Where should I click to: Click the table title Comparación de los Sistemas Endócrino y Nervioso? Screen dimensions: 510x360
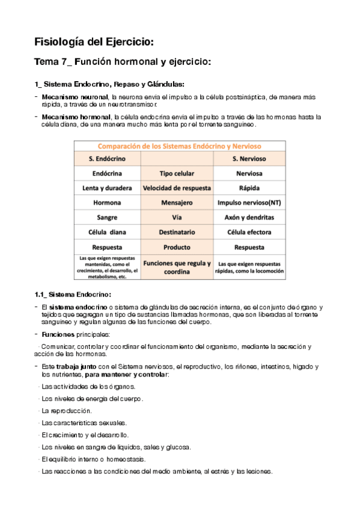pyautogui.click(x=180, y=146)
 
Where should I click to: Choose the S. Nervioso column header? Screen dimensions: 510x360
pyautogui.click(x=249, y=159)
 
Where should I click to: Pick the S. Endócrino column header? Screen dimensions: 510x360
pyautogui.click(x=107, y=159)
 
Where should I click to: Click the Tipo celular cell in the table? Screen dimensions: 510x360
pyautogui.click(x=177, y=173)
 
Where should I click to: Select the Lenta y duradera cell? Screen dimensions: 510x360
pyautogui.click(x=107, y=188)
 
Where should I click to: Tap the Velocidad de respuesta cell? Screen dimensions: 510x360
pyautogui.click(x=177, y=188)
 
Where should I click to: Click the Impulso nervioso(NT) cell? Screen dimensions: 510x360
pyautogui.click(x=249, y=203)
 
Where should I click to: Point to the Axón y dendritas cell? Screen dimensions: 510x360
pyautogui.click(x=249, y=217)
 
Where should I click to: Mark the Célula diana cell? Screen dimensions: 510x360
pyautogui.click(x=107, y=232)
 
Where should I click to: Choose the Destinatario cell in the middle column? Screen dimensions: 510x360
pyautogui.click(x=177, y=232)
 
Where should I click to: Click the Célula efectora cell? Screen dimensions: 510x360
pyautogui.click(x=249, y=232)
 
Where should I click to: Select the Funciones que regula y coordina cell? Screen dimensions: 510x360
pyautogui.click(x=177, y=267)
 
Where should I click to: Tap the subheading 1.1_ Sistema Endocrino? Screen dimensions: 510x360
pyautogui.click(x=73, y=294)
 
